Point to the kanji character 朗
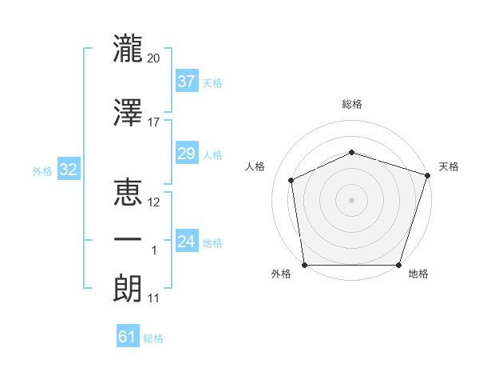[128, 286]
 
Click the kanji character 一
[128, 240]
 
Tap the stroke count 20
[154, 58]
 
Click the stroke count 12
[154, 202]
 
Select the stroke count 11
[154, 298]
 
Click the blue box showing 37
[186, 81]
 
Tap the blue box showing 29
[186, 154]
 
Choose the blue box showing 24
[186, 242]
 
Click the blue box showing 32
[68, 170]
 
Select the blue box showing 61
[127, 337]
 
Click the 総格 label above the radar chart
[352, 105]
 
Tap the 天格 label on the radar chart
[449, 166]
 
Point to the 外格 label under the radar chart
[281, 274]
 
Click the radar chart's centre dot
[351, 199]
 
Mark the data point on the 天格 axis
[428, 174]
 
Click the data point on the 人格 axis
[291, 180]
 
